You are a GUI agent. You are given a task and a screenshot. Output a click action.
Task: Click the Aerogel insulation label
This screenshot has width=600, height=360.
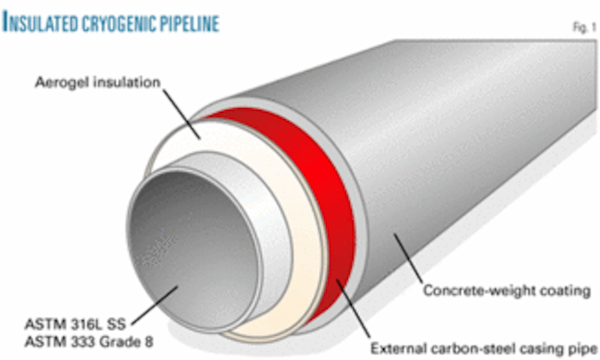click(x=97, y=82)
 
